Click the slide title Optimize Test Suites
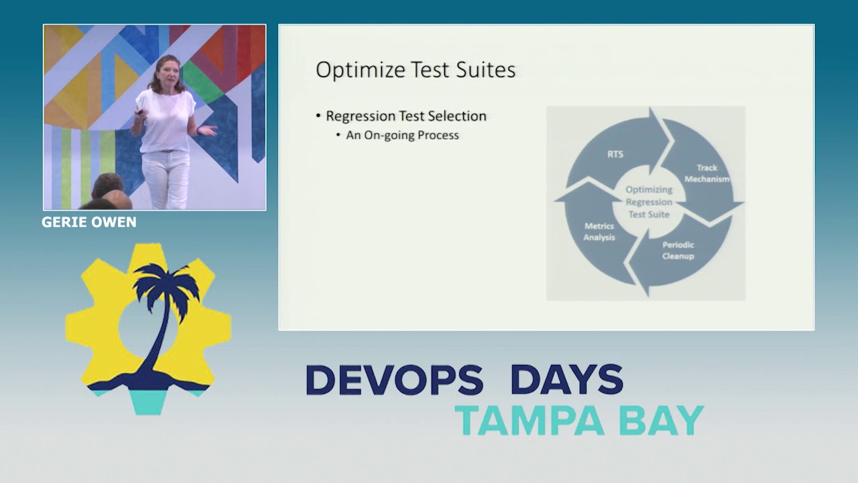[x=416, y=70]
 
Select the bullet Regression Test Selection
[x=406, y=116]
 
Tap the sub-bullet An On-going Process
[x=402, y=136]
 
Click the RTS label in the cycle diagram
[x=615, y=154]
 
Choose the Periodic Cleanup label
[x=678, y=251]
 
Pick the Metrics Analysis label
[x=599, y=231]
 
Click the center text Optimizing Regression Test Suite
[x=649, y=202]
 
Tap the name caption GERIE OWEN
[x=89, y=222]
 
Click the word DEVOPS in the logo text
[x=394, y=380]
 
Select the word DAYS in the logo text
[x=566, y=380]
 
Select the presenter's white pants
[x=166, y=178]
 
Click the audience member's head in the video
[x=107, y=186]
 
